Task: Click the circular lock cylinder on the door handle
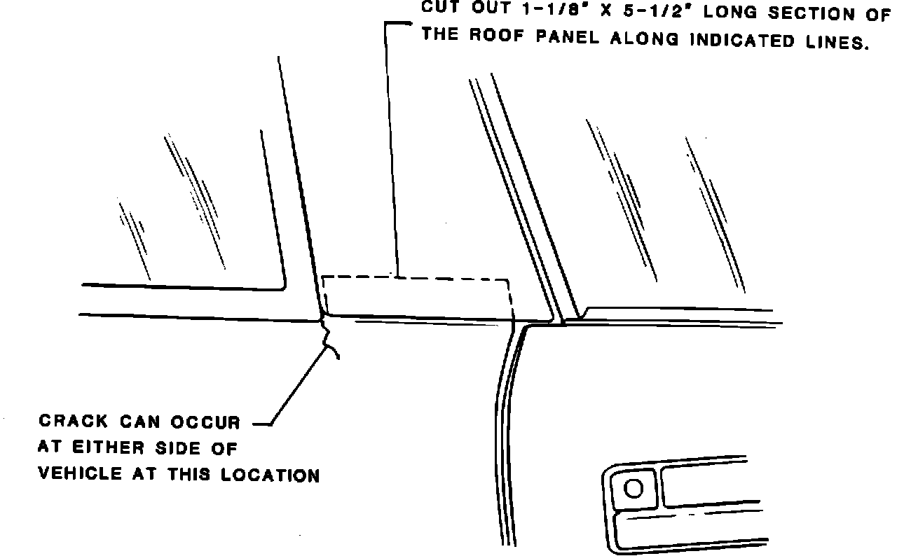tap(634, 488)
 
